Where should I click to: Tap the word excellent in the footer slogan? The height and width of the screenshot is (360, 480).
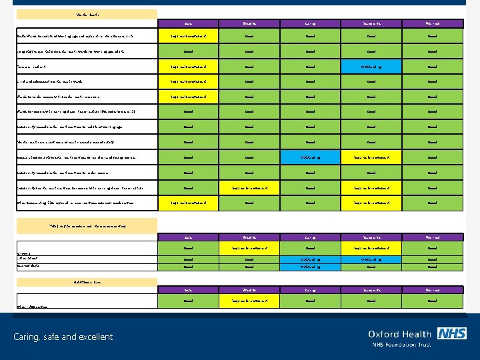click(93, 337)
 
